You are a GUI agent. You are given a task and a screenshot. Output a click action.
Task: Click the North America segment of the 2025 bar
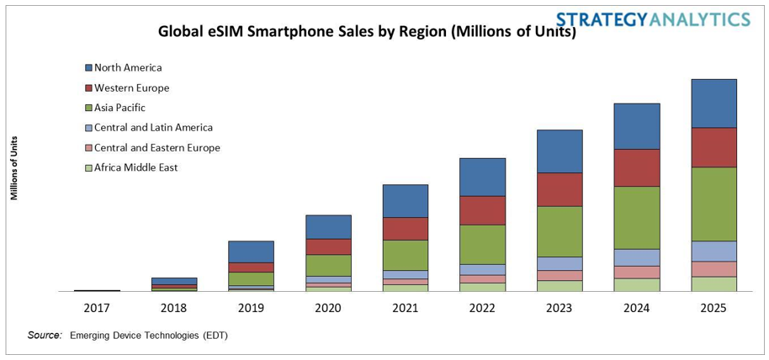tap(713, 103)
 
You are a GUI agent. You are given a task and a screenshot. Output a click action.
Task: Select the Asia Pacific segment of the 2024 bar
tap(637, 217)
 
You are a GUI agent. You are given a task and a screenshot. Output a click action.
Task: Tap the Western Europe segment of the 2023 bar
tap(560, 189)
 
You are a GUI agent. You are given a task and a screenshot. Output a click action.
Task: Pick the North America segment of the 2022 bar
tap(482, 177)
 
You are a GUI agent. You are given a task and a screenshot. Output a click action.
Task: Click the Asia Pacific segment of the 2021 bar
tap(405, 255)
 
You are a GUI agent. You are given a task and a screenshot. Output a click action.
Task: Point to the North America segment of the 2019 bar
tap(251, 251)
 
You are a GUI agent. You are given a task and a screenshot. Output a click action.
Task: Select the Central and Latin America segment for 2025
tap(713, 251)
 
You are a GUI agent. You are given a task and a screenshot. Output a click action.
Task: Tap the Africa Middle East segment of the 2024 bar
tap(637, 284)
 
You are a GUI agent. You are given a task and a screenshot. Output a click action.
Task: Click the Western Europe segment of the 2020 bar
tap(328, 246)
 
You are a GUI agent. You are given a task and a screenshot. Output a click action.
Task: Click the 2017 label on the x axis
tap(97, 308)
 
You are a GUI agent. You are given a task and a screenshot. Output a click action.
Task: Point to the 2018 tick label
tap(174, 308)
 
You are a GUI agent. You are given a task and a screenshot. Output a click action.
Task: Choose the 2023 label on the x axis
tap(560, 308)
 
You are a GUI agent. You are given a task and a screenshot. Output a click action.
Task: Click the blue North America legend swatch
tap(88, 67)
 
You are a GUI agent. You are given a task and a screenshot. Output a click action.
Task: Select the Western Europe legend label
tap(131, 87)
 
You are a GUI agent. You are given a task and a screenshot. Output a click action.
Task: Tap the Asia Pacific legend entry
tap(119, 108)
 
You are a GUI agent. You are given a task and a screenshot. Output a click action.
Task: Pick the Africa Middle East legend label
tap(135, 167)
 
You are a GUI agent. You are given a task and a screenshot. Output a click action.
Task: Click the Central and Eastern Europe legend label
tap(156, 147)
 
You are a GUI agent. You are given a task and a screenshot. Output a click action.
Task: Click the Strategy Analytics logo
tap(653, 19)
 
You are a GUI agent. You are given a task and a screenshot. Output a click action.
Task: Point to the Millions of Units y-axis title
tap(14, 167)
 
